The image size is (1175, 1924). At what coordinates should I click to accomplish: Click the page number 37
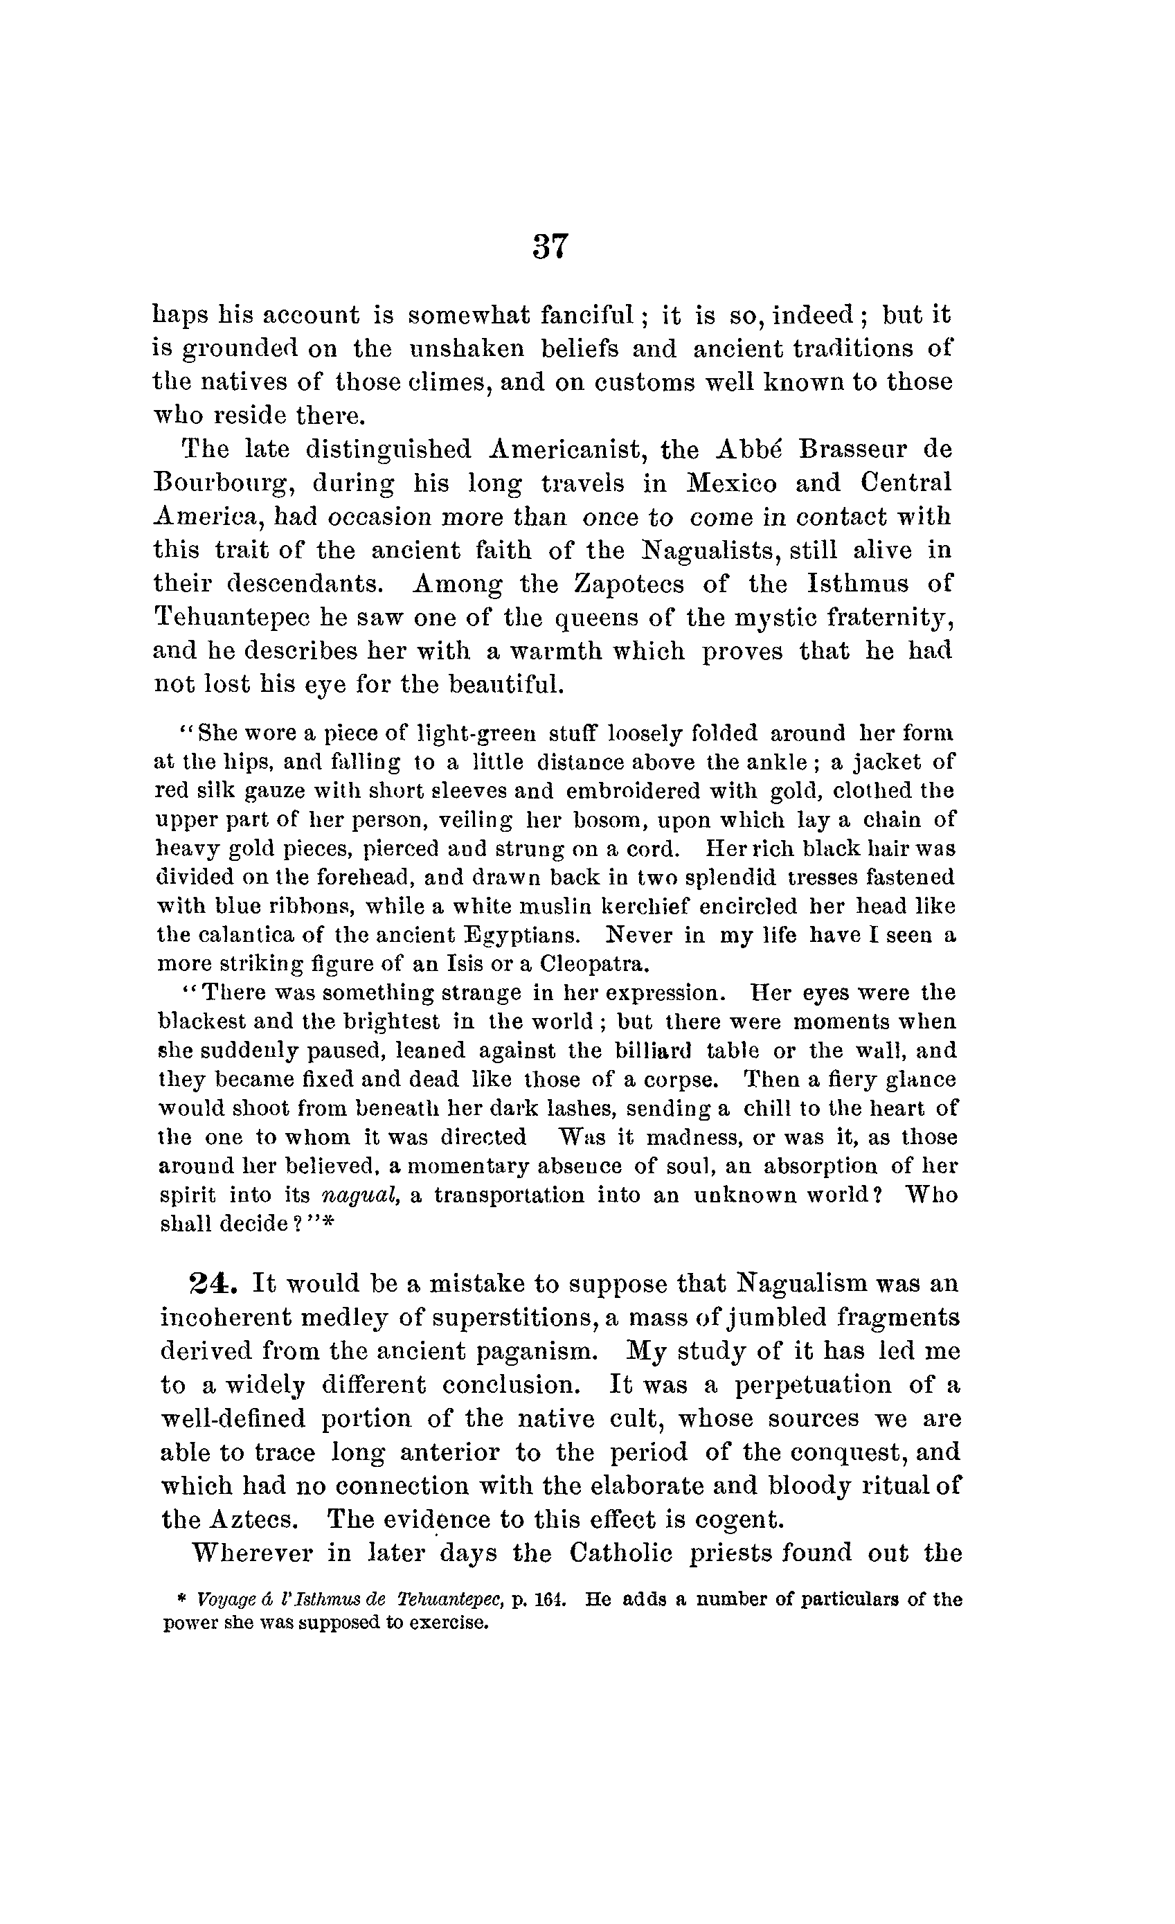(x=550, y=247)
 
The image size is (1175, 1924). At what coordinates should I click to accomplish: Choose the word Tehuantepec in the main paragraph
(x=232, y=618)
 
